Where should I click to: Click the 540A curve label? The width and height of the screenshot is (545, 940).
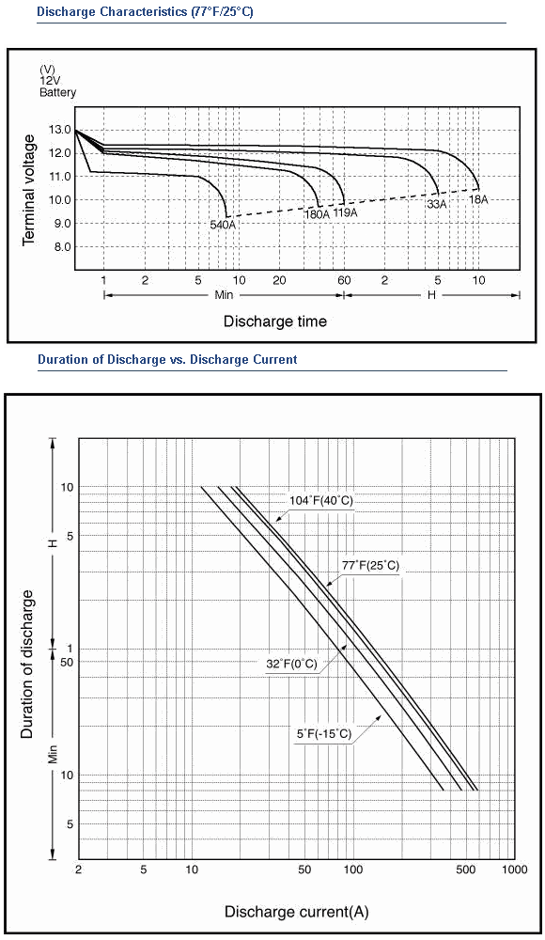223,225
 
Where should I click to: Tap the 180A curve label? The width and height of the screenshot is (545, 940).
318,214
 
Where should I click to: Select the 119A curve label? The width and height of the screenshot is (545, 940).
346,212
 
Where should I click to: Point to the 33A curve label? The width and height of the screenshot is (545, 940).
437,204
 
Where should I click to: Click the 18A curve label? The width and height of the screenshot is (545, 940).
478,199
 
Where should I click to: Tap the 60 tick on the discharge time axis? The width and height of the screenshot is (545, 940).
344,280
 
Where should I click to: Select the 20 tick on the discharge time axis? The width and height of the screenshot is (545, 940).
279,280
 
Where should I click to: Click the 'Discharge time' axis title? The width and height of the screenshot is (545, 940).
275,321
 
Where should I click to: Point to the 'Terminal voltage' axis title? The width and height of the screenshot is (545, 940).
28,190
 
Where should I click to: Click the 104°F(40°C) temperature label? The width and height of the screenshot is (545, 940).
321,501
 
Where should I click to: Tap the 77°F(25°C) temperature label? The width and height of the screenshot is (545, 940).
370,565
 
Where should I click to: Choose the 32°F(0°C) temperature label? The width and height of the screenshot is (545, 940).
291,665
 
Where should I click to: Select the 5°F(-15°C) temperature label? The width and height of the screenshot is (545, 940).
323,734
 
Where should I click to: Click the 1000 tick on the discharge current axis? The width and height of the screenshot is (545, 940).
514,869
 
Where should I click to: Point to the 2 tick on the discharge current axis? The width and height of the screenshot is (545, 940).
79,869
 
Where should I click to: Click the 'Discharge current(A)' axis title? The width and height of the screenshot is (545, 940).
297,913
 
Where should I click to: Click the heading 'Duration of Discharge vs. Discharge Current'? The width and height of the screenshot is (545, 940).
167,360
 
